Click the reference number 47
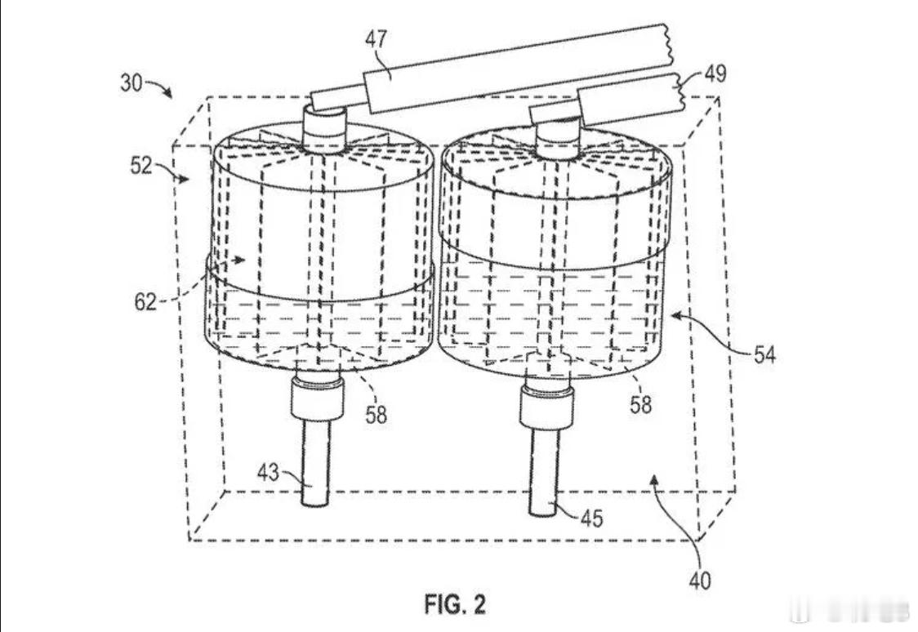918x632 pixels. pos(376,39)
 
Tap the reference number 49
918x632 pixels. pos(715,73)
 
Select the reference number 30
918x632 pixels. pos(131,82)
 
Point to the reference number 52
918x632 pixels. pos(141,166)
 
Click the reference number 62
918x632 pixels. pos(145,302)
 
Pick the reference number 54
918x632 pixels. pos(764,354)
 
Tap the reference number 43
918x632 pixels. pos(268,472)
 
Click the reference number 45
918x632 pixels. pos(591,518)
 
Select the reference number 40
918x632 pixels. pos(700,581)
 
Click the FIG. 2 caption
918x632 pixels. pos(456,604)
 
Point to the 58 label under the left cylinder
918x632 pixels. pos(376,415)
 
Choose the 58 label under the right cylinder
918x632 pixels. pos(640,404)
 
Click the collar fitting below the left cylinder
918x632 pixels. pos(317,398)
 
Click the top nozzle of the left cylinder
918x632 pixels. pos(325,129)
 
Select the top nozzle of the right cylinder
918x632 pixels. pos(557,140)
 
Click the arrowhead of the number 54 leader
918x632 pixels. pos(675,316)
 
